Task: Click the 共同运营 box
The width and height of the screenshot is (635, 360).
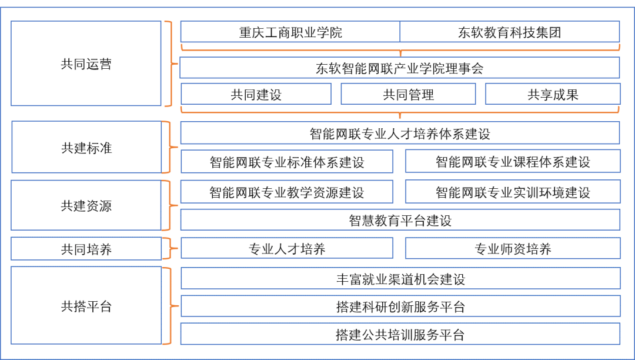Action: [x=86, y=64]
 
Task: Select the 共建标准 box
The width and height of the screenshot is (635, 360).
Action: [x=86, y=147]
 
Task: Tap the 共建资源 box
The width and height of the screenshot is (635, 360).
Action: [x=86, y=205]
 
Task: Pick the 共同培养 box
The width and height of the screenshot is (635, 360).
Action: [x=86, y=249]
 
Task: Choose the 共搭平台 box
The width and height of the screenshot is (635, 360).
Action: [x=86, y=306]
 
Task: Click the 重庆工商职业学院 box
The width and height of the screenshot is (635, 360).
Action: [x=290, y=32]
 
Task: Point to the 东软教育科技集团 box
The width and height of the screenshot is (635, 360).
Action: [x=509, y=32]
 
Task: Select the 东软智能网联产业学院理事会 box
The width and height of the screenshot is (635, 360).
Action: [x=400, y=68]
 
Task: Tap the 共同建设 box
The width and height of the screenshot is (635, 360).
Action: [x=256, y=94]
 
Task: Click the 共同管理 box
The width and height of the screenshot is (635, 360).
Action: [x=408, y=94]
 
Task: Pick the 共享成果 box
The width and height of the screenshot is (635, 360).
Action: [x=553, y=94]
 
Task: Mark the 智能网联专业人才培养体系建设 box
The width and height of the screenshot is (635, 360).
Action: [x=400, y=133]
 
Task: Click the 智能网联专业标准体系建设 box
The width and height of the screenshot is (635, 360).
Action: [x=287, y=162]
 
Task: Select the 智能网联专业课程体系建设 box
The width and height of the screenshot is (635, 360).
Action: [x=513, y=162]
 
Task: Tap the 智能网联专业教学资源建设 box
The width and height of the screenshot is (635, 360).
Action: [x=287, y=192]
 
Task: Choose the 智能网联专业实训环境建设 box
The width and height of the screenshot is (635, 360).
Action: [x=513, y=192]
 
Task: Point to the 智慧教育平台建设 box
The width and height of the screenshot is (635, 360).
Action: [x=400, y=220]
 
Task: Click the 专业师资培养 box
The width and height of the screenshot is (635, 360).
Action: [x=513, y=249]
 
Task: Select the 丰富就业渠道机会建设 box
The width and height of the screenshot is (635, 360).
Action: [x=400, y=278]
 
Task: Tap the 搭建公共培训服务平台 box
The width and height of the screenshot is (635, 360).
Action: [x=400, y=334]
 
